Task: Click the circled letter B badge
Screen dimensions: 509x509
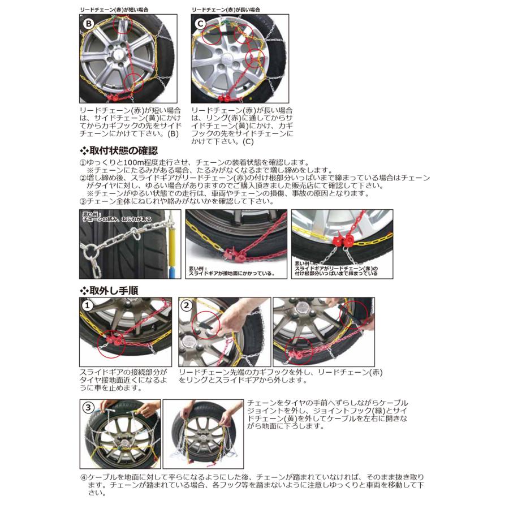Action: (x=88, y=25)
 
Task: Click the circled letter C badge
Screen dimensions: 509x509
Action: (x=200, y=25)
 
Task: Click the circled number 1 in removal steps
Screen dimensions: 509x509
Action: (x=88, y=305)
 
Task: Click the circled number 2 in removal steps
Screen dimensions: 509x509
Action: (x=187, y=305)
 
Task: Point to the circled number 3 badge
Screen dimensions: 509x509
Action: (x=88, y=407)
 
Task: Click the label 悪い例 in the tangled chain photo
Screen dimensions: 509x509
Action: (x=90, y=214)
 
